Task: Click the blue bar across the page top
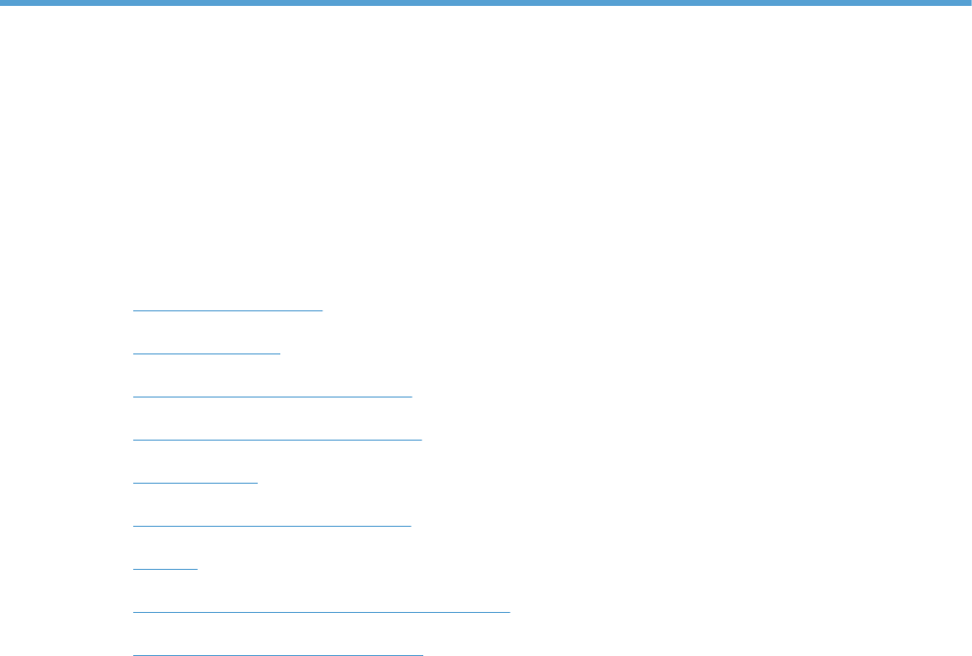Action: click(x=486, y=3)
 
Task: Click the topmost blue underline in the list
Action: click(x=227, y=310)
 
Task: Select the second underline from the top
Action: click(x=206, y=353)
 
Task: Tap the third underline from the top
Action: click(x=272, y=397)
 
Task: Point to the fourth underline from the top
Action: click(x=277, y=440)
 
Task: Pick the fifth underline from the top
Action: click(x=195, y=483)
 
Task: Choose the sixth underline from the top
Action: click(x=272, y=526)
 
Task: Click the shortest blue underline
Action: click(x=165, y=569)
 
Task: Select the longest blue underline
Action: click(x=321, y=612)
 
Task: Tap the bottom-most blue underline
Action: click(x=277, y=654)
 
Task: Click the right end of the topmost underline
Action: click(x=321, y=310)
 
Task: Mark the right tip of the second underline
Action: click(x=279, y=353)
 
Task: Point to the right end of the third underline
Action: click(x=412, y=397)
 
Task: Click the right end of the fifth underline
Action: click(x=257, y=483)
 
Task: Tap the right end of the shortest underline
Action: click(x=197, y=569)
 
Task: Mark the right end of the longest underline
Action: click(x=510, y=612)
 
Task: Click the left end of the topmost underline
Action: click(x=133, y=310)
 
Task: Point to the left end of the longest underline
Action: click(x=133, y=612)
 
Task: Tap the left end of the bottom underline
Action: click(x=133, y=654)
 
